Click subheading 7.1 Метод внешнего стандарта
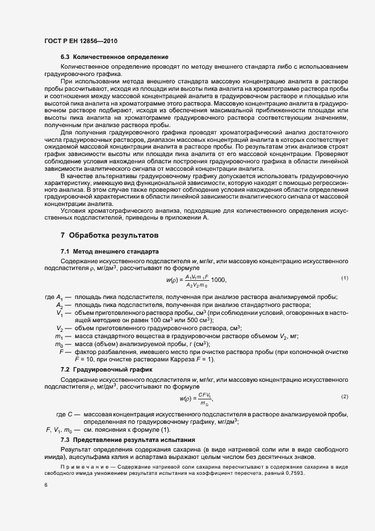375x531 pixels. [x=109, y=251]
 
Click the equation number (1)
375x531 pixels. [x=344, y=277]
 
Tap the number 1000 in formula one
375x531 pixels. [x=218, y=280]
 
